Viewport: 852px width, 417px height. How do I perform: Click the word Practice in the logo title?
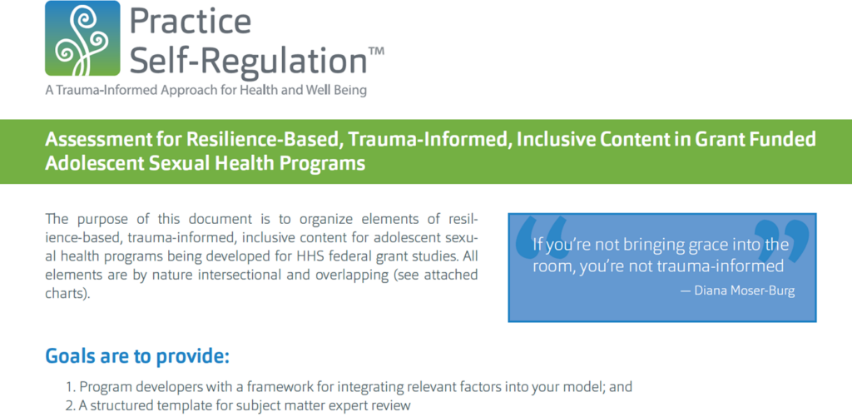[x=191, y=22]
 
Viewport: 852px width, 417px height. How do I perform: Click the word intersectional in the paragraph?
[x=235, y=275]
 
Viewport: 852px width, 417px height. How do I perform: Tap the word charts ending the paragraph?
[x=65, y=294]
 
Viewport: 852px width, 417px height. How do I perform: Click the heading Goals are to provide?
[x=137, y=356]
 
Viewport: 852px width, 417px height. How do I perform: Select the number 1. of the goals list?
[x=71, y=388]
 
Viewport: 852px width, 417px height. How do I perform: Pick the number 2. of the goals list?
[x=71, y=405]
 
